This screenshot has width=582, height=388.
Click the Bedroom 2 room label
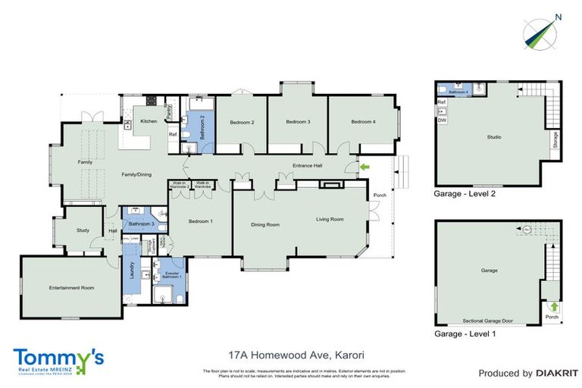242,122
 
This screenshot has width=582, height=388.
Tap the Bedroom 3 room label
298,122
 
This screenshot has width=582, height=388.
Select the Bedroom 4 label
363,122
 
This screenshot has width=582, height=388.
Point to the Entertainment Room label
71,287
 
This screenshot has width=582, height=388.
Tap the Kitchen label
149,121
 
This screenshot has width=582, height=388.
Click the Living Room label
330,219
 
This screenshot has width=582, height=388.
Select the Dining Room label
265,224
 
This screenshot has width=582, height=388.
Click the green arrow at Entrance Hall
365,167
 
